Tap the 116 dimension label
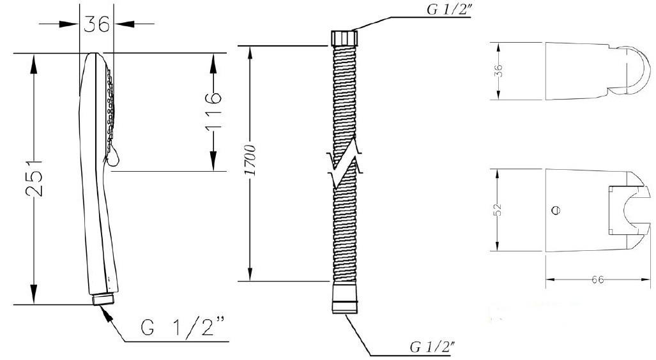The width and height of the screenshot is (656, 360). (x=213, y=112)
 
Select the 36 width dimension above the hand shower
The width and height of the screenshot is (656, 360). (x=96, y=24)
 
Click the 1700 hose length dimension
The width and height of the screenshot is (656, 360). (x=250, y=161)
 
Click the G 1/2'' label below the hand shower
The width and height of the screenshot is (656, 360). (x=183, y=326)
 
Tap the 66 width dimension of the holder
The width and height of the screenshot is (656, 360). (x=598, y=280)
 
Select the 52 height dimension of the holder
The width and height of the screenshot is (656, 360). (x=498, y=209)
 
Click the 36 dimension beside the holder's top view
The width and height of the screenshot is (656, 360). (x=498, y=70)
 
